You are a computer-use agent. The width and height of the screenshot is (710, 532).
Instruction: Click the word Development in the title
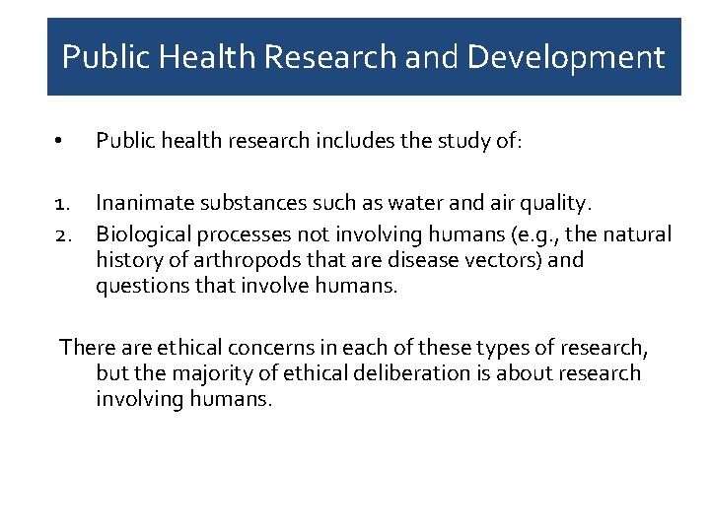(x=566, y=57)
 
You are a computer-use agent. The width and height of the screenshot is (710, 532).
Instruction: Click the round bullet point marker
(x=60, y=143)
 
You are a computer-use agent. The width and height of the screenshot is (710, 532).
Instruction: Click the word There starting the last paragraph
(x=88, y=347)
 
